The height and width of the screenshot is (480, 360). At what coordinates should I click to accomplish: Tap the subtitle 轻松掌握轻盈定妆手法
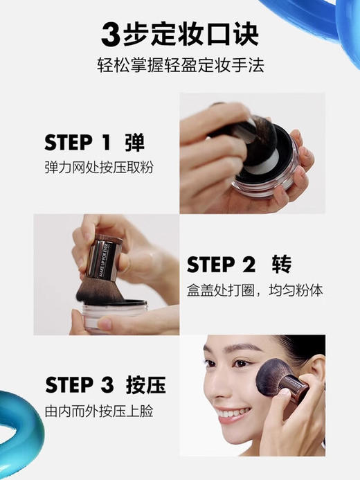(180, 66)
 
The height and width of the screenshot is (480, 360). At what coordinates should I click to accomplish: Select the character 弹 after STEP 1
(134, 143)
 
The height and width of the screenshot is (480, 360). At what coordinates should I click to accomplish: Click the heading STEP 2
(222, 265)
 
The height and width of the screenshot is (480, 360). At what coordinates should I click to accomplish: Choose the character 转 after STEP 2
(281, 265)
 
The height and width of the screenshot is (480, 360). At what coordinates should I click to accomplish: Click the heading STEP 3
(78, 385)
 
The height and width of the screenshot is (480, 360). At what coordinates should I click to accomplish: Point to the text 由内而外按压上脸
(98, 411)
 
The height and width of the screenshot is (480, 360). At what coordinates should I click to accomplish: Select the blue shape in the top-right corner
(346, 24)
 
